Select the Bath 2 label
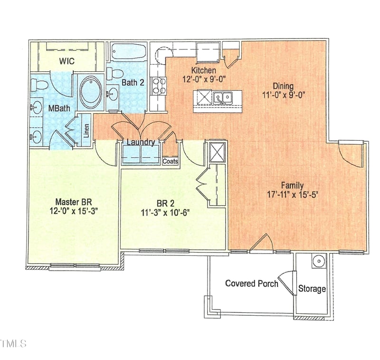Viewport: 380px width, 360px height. (x=133, y=82)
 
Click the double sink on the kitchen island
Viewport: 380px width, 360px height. (x=222, y=98)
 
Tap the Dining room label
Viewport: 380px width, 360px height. (x=283, y=86)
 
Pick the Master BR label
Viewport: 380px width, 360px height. (x=70, y=201)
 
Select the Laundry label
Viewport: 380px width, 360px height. (x=140, y=142)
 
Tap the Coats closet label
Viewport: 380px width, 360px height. (x=171, y=162)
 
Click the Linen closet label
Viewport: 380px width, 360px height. (x=86, y=130)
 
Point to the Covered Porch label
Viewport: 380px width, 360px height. (x=252, y=284)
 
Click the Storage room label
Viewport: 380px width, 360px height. (x=312, y=289)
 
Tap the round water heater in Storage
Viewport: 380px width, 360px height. (x=318, y=261)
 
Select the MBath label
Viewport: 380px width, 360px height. (x=59, y=108)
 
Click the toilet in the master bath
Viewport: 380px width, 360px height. (x=39, y=85)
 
